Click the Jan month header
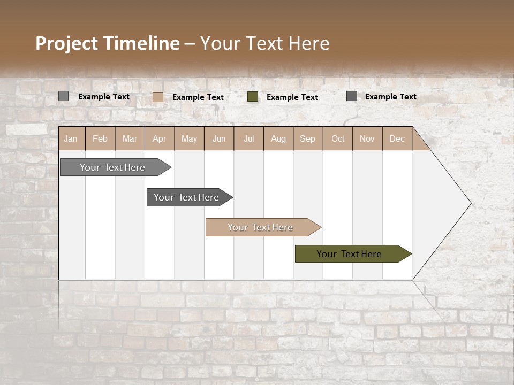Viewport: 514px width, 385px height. [x=71, y=139]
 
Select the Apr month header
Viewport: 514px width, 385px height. [x=160, y=139]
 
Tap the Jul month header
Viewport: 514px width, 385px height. [x=248, y=139]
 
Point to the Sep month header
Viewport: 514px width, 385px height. [x=307, y=139]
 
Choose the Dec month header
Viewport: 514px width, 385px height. [x=397, y=139]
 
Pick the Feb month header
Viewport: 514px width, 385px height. [x=100, y=139]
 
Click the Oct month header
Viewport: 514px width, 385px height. [x=338, y=139]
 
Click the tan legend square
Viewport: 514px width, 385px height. [x=158, y=97]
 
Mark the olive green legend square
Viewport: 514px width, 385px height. [x=253, y=97]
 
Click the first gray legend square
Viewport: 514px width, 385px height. [x=63, y=96]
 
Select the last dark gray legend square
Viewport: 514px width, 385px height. [x=352, y=96]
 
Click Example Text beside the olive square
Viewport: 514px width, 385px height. [x=292, y=97]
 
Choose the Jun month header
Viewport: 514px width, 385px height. [x=219, y=139]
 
